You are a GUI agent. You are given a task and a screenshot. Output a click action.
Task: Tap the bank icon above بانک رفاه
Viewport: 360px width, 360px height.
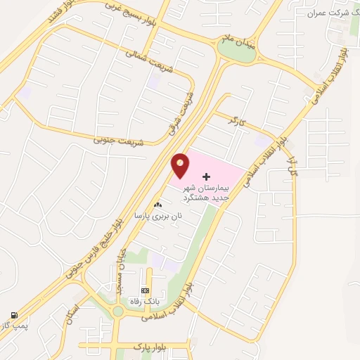146,290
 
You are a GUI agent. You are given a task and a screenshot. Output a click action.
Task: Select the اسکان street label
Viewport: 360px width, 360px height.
74,311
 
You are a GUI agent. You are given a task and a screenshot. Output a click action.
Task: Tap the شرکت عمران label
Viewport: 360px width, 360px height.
330,13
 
